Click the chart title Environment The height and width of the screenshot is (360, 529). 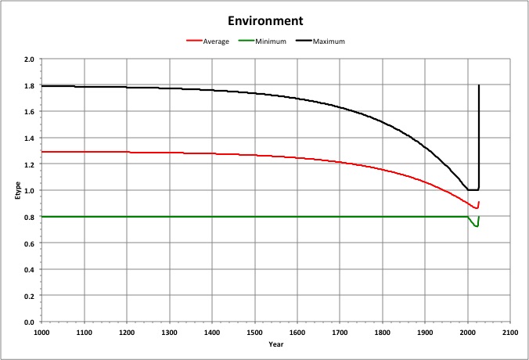coord(264,20)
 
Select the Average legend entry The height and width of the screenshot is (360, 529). coord(216,41)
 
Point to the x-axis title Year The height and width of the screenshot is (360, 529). coord(275,344)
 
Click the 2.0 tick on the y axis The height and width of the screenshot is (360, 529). coord(28,59)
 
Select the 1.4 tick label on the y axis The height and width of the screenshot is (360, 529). coord(28,139)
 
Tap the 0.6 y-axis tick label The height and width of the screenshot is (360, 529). coord(28,243)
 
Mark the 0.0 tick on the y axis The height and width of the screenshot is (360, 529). coord(28,322)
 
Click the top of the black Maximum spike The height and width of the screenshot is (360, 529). coord(479,85)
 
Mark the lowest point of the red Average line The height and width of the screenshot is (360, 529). coord(476,208)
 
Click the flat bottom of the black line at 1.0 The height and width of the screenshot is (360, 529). coord(473,189)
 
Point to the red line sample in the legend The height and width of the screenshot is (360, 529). coord(194,41)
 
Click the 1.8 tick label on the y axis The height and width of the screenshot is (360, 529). coord(28,86)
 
